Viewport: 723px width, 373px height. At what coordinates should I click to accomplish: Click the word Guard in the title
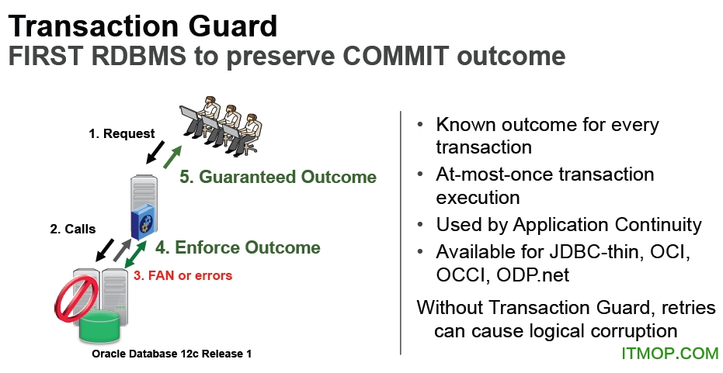click(232, 26)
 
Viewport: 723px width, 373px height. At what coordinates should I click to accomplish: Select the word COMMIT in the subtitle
click(395, 56)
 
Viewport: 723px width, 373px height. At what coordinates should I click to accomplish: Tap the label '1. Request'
click(122, 133)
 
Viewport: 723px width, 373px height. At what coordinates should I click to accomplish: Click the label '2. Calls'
click(73, 229)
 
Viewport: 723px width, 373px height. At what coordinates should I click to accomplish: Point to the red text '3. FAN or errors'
click(183, 275)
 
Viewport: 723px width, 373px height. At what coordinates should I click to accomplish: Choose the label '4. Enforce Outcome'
click(238, 247)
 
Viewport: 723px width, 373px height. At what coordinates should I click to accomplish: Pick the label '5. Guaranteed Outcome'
click(278, 177)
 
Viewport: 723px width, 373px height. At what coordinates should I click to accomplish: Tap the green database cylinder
click(100, 325)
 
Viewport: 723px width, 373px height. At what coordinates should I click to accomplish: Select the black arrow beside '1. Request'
click(155, 153)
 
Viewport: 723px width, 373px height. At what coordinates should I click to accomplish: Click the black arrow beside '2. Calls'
click(104, 250)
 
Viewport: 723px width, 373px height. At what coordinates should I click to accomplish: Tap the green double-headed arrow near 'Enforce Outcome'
click(136, 254)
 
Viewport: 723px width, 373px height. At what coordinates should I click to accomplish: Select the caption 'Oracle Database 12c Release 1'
click(172, 354)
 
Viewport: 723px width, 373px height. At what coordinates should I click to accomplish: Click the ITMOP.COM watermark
click(670, 353)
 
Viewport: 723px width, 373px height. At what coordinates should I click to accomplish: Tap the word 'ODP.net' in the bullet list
click(533, 275)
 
